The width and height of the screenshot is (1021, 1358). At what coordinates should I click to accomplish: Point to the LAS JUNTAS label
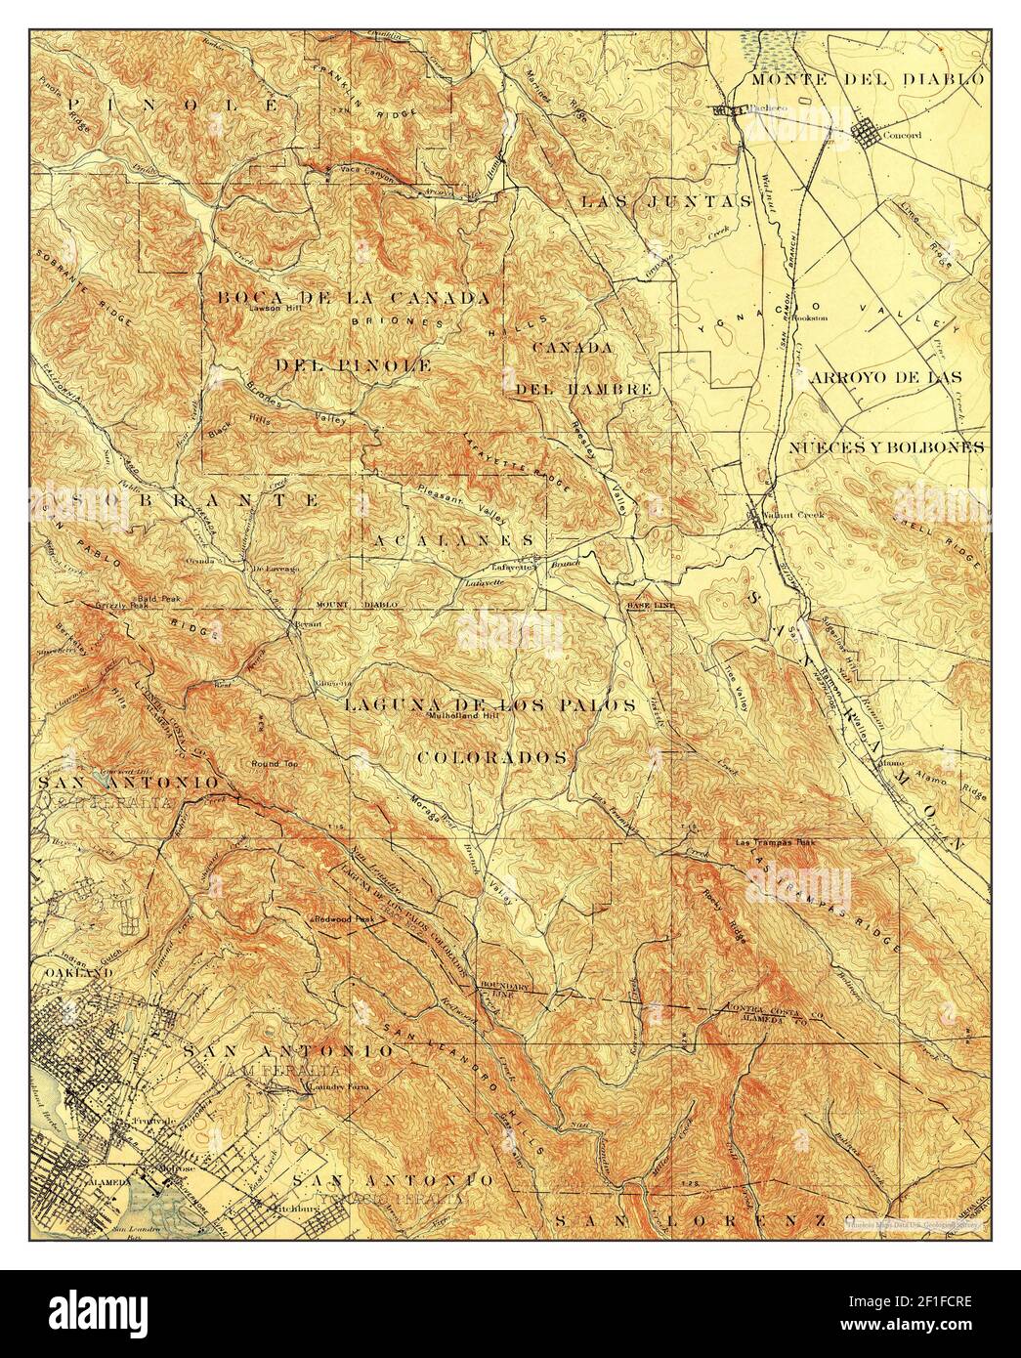click(664, 202)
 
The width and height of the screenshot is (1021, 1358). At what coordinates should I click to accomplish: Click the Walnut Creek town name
click(799, 515)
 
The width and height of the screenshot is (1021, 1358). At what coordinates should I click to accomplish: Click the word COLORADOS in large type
click(493, 757)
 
